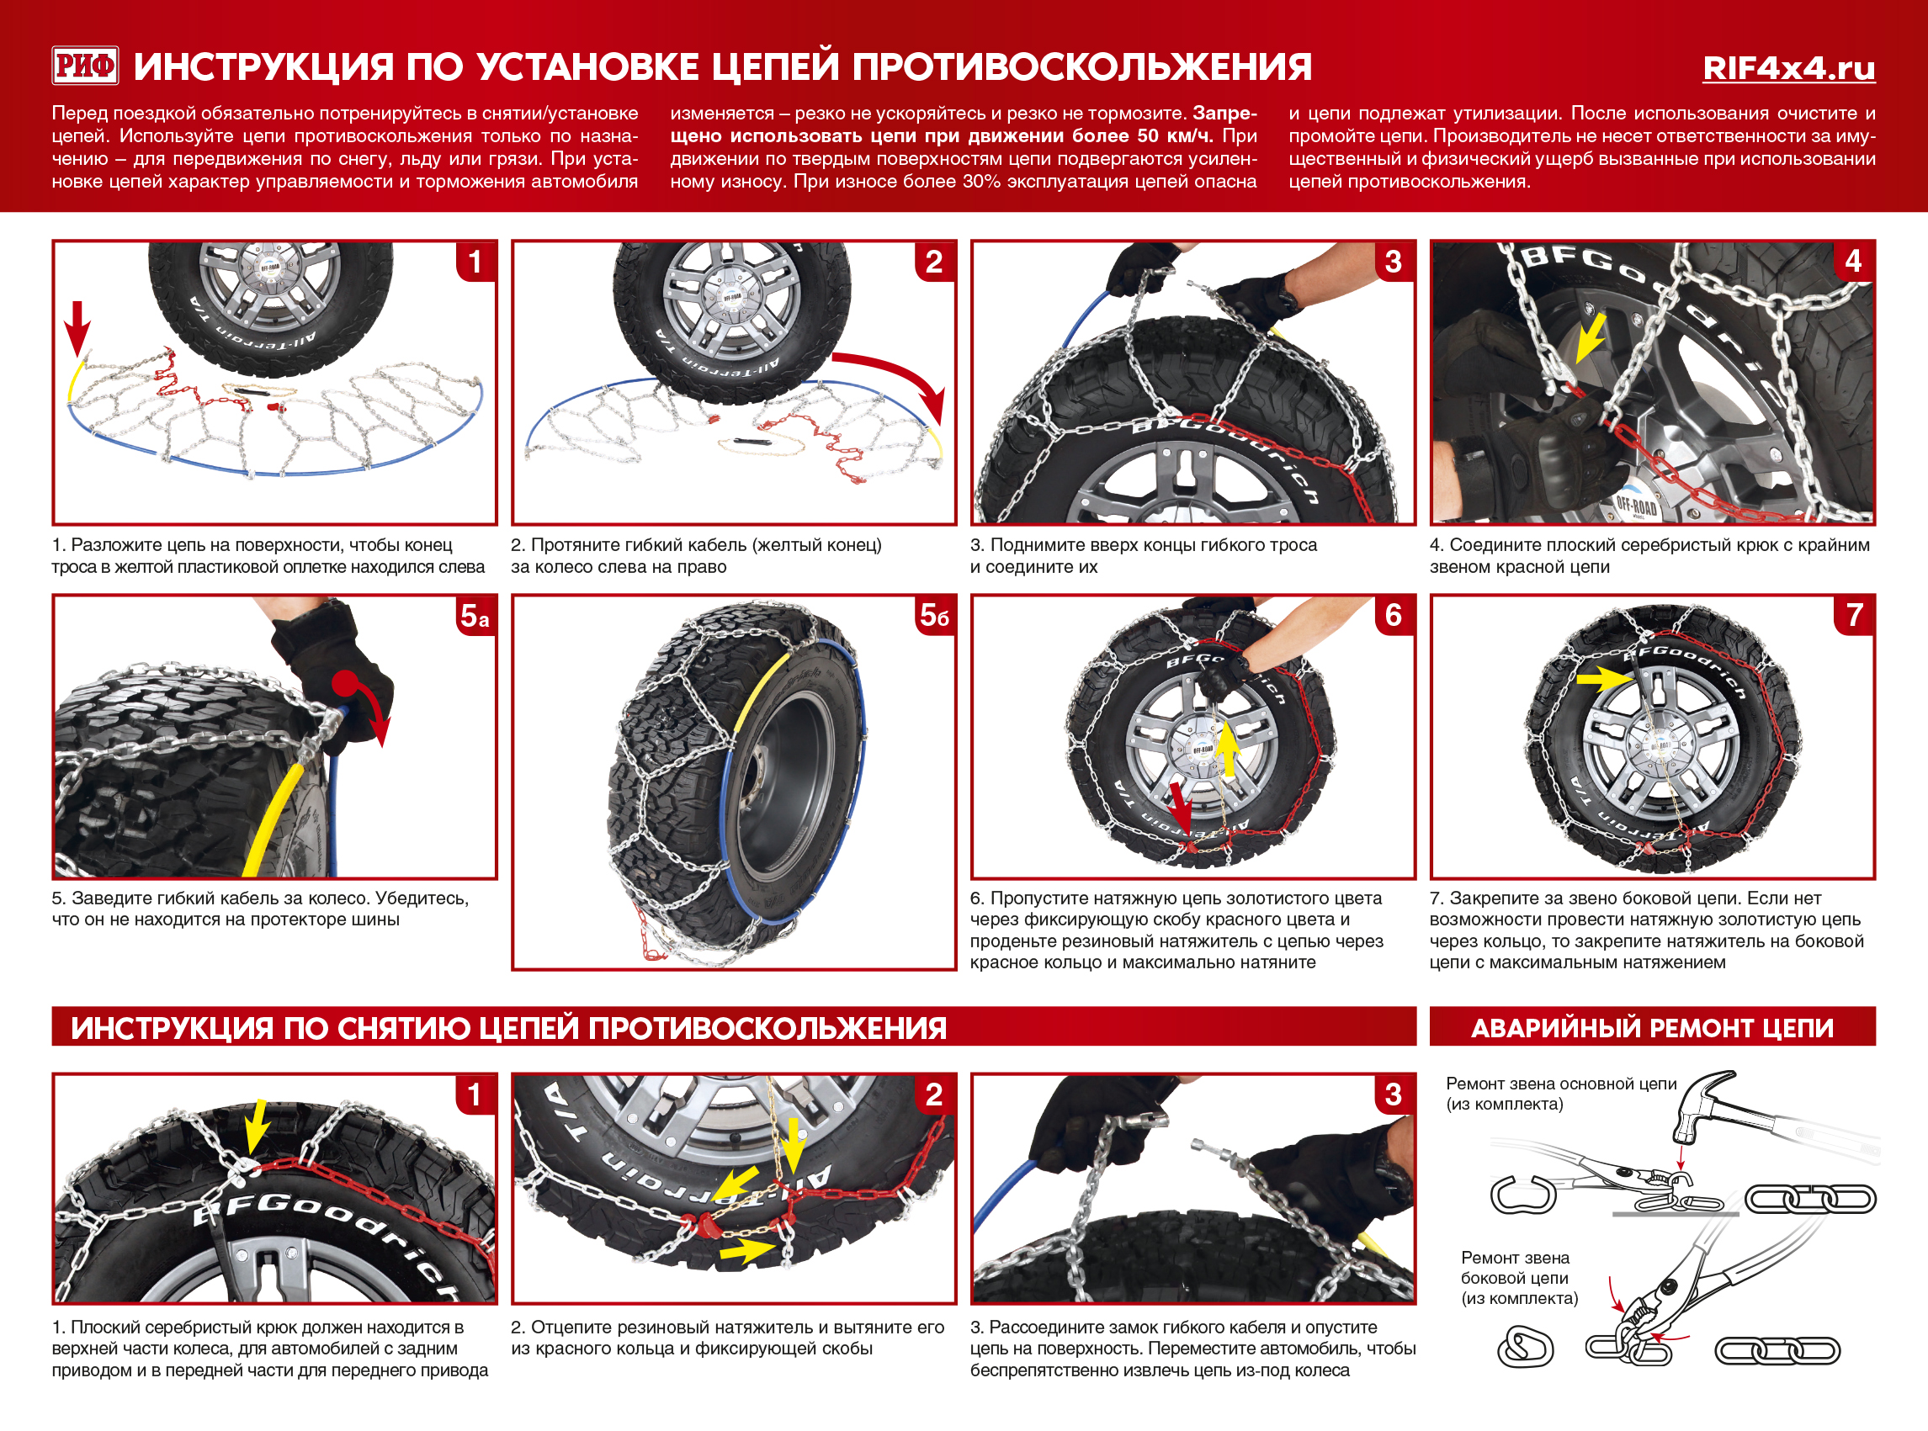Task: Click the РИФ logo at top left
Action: (x=85, y=66)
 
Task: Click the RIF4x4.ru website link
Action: (x=1787, y=67)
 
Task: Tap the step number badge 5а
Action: (x=475, y=616)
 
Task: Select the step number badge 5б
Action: (x=934, y=616)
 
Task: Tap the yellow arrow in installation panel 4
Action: (x=1591, y=338)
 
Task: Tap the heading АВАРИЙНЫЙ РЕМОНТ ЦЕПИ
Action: (x=1652, y=1027)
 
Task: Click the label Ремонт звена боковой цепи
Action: (x=1518, y=1277)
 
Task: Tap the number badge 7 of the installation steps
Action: (x=1853, y=615)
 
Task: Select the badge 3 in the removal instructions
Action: (x=1393, y=1094)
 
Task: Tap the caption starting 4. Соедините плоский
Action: (x=1649, y=555)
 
